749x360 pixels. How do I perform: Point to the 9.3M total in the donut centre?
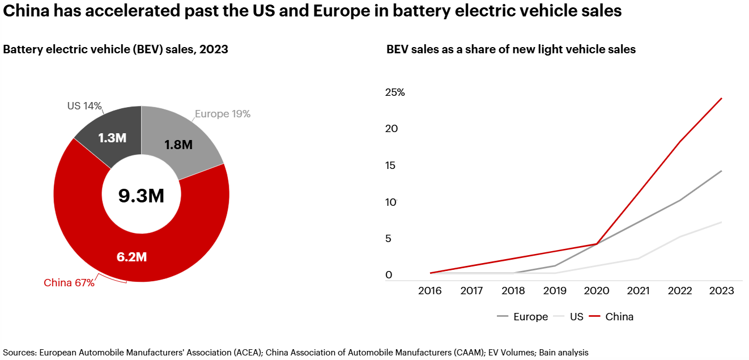click(141, 196)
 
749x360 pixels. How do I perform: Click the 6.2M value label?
click(131, 257)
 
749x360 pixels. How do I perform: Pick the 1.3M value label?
click(112, 138)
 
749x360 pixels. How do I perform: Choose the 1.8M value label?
click(178, 145)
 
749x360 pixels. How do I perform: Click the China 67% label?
click(69, 283)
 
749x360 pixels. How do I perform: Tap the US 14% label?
click(84, 105)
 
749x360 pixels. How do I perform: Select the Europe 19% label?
click(223, 114)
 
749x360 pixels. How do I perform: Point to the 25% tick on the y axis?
click(395, 92)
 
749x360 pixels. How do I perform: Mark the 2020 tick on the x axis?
click(597, 291)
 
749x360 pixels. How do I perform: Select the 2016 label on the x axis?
click(430, 291)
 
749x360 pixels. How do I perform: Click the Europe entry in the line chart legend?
click(530, 317)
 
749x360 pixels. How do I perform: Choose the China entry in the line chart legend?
click(619, 317)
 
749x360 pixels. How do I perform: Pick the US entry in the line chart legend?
click(576, 317)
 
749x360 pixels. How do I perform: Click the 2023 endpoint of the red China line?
click(721, 99)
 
